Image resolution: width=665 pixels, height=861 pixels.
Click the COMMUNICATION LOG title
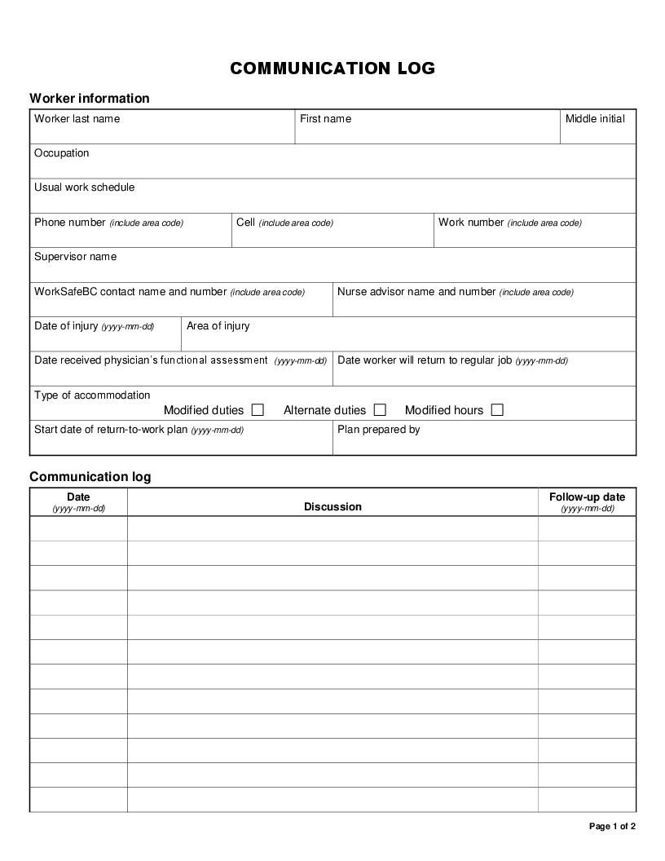332,68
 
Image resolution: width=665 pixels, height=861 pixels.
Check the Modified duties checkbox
258,410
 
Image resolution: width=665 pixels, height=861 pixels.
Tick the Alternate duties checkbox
380,410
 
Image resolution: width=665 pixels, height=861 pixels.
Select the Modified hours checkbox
497,410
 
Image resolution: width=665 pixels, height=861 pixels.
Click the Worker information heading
90,99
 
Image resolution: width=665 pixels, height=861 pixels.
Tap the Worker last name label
77,119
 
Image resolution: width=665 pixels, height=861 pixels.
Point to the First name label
325,119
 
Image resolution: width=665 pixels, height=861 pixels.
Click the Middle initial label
595,119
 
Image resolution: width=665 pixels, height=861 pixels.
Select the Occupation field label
62,153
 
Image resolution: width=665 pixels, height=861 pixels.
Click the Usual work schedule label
85,188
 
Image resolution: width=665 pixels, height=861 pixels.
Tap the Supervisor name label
75,257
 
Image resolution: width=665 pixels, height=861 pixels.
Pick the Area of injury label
218,326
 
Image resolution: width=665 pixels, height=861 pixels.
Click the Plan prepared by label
379,430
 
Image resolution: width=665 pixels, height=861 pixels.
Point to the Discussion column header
332,507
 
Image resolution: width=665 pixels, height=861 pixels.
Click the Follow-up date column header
587,497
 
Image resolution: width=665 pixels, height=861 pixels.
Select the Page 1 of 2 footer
612,827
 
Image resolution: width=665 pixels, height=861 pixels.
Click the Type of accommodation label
92,395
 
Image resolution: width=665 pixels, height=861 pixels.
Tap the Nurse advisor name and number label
416,292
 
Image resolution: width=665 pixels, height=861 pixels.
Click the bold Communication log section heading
90,477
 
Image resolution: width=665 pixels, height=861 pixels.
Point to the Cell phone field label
246,223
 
